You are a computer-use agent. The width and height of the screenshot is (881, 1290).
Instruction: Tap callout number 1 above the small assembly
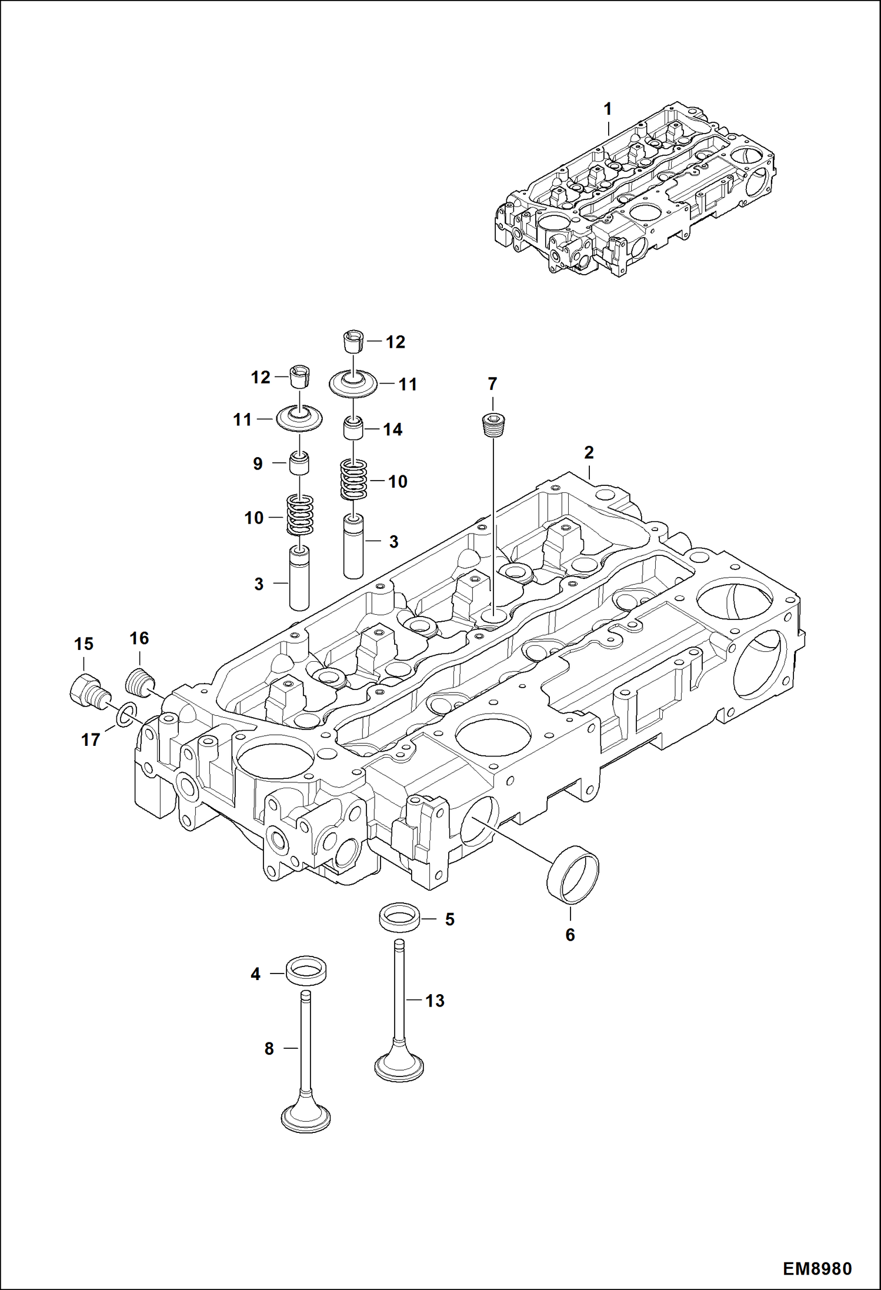point(608,109)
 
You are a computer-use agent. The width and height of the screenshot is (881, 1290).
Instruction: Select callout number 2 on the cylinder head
point(589,452)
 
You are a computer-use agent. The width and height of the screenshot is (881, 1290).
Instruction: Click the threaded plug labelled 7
point(493,424)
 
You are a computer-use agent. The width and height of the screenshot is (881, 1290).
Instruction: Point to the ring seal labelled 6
point(573,874)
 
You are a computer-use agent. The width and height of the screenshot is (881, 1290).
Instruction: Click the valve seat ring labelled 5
point(399,919)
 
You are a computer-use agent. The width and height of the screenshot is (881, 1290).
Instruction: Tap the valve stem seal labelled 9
point(299,464)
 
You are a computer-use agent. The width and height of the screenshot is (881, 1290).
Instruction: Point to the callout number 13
point(435,1001)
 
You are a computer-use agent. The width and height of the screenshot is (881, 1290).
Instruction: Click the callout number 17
point(91,739)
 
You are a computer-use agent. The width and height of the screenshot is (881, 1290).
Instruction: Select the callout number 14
point(393,430)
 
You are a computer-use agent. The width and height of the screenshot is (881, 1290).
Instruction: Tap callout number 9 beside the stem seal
point(258,464)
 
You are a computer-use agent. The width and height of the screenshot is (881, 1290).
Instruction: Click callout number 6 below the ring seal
point(570,935)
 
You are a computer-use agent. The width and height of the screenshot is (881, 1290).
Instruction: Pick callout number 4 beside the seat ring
point(255,974)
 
